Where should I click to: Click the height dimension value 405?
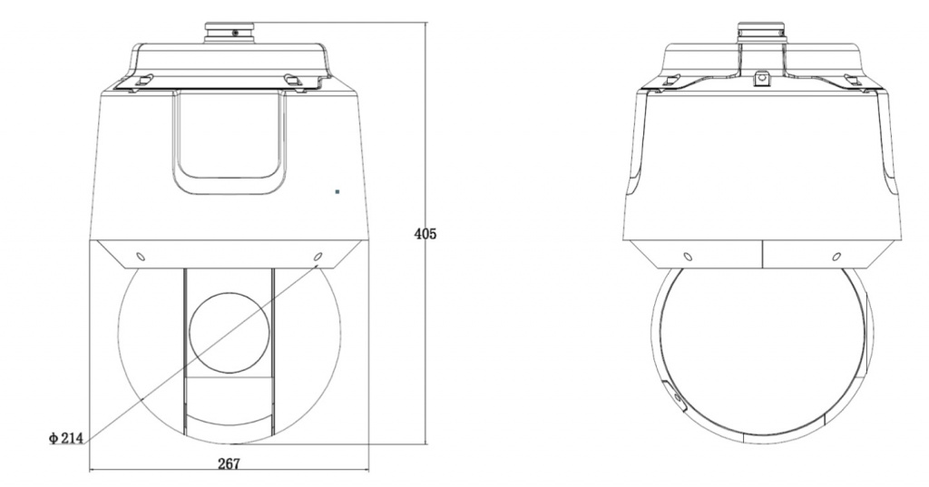tap(425, 234)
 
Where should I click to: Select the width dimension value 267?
tap(229, 463)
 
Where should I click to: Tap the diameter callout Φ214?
tap(65, 438)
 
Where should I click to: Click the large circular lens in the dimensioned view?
tap(230, 332)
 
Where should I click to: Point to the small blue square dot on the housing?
tap(337, 192)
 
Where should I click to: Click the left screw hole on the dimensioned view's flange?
tap(141, 257)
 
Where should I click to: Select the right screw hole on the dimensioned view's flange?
tap(318, 257)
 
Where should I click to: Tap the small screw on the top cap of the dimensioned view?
tap(235, 34)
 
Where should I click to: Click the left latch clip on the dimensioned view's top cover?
tap(143, 80)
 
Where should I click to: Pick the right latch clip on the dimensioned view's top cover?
tap(293, 80)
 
